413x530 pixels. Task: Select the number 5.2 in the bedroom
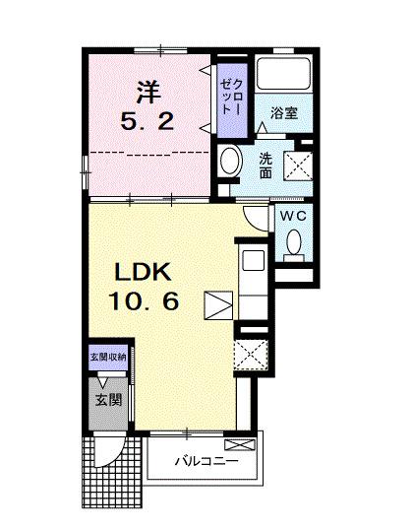pyautogui.click(x=147, y=124)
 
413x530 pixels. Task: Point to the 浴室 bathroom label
pyautogui.click(x=285, y=113)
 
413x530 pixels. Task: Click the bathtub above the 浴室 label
pyautogui.click(x=284, y=76)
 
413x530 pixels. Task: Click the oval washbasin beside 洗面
pyautogui.click(x=232, y=161)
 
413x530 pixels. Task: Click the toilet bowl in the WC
pyautogui.click(x=293, y=242)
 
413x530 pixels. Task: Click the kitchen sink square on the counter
pyautogui.click(x=252, y=262)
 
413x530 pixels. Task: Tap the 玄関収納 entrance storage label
pyautogui.click(x=106, y=358)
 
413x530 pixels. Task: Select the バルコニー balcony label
pyautogui.click(x=207, y=460)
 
